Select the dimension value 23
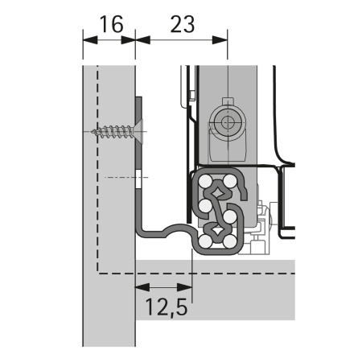tap(183, 25)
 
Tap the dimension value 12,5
tap(165, 306)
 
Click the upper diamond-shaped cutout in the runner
tap(219, 193)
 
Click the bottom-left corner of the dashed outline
tap(98, 272)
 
